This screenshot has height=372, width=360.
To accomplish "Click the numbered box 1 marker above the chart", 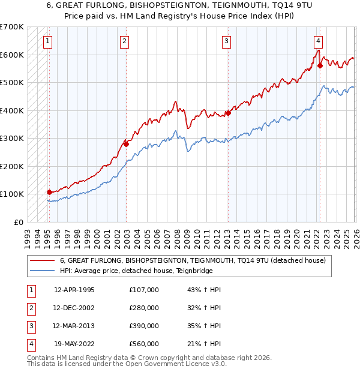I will tap(47, 41).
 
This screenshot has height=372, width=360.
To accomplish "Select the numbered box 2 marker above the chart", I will tap(124, 41).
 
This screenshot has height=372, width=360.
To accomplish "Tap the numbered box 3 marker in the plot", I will tap(226, 41).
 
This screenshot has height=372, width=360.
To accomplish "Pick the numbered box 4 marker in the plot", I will tap(318, 41).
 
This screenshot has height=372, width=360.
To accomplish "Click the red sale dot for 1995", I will tap(50, 192).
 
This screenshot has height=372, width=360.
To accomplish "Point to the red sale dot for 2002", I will tap(127, 144).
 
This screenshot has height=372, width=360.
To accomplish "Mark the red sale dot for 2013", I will tap(229, 113).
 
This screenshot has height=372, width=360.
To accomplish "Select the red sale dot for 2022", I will tap(320, 66).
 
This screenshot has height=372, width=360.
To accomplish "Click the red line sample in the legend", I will tap(42, 261).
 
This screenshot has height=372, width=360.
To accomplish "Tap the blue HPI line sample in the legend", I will tap(42, 271).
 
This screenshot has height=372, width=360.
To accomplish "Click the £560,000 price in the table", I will tap(143, 344).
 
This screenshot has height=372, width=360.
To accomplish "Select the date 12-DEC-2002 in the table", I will tap(74, 308).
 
